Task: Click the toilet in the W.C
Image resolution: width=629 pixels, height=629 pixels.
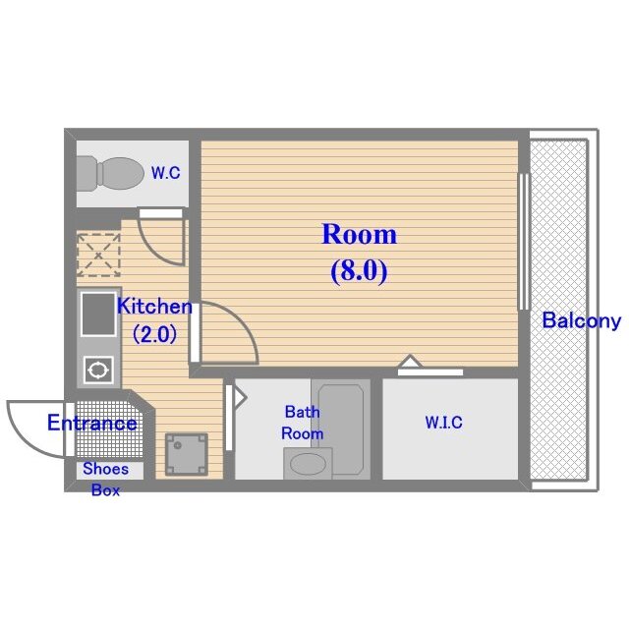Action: [109, 174]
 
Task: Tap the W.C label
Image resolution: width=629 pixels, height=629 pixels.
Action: [166, 173]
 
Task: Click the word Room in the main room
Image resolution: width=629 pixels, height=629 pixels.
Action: [360, 235]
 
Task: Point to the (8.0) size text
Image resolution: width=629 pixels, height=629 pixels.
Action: [359, 271]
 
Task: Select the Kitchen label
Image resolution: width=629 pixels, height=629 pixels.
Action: [154, 307]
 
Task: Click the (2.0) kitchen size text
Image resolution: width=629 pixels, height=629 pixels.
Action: [154, 334]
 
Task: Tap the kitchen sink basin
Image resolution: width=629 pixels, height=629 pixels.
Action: [98, 314]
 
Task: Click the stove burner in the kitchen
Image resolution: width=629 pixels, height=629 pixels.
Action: [98, 370]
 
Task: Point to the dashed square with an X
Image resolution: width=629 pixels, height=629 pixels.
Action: [98, 255]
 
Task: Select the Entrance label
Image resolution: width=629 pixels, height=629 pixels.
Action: [91, 424]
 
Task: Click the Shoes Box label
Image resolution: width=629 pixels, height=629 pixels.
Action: [105, 480]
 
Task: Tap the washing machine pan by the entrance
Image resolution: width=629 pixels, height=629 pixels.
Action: [187, 454]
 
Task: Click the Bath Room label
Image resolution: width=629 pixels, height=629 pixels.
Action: [303, 423]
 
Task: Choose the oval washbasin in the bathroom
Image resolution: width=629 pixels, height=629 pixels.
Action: [308, 465]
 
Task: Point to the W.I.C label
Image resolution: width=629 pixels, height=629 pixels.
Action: [443, 423]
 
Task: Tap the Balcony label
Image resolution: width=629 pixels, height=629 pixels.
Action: [582, 321]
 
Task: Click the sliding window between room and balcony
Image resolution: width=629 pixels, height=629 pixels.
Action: [524, 242]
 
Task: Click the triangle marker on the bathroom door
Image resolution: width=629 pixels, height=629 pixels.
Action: [240, 398]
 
